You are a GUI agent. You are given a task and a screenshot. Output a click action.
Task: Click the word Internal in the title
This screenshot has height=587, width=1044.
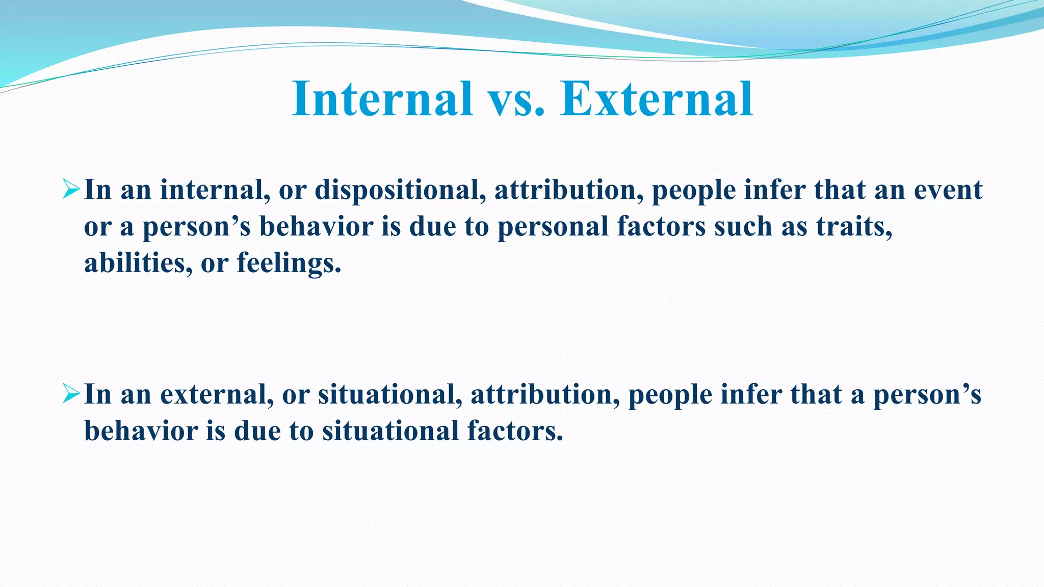[x=382, y=99]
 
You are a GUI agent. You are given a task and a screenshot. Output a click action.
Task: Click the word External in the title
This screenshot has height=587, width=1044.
[x=656, y=99]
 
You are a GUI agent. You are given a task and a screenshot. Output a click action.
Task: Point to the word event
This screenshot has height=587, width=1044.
[x=948, y=190]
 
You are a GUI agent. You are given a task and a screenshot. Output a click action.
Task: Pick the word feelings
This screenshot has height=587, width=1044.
[x=289, y=264]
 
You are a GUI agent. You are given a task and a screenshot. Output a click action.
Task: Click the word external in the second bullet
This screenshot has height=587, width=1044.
[x=217, y=394]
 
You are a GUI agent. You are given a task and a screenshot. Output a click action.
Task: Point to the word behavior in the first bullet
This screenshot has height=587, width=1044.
[x=316, y=227]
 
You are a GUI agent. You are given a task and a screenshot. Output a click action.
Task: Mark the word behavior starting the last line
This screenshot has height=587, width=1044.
[x=141, y=431]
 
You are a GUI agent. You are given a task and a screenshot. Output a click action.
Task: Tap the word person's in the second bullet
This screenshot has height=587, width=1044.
[x=927, y=395]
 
